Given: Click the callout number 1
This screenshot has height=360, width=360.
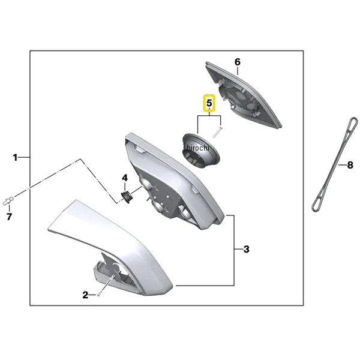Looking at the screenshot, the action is click(15, 158).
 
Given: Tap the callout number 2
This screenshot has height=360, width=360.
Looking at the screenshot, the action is click(85, 295).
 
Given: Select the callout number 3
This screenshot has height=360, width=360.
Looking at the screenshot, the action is click(247, 249).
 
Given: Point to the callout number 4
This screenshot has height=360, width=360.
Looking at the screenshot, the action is click(125, 178).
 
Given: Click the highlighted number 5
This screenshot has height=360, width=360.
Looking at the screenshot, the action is click(209, 103).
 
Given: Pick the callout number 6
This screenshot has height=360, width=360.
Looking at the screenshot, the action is click(238, 62).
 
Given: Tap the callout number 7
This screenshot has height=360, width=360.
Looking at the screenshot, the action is click(9, 217).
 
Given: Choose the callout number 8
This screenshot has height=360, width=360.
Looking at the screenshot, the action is click(350, 165).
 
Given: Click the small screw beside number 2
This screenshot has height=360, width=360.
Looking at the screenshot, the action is click(99, 293).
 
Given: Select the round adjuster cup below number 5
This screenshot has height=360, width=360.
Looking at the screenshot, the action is click(201, 151).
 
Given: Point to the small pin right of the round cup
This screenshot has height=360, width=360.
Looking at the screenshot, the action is click(217, 132).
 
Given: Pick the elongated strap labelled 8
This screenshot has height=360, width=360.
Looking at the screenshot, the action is click(335, 164).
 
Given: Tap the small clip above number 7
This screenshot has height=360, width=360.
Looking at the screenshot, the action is click(8, 200).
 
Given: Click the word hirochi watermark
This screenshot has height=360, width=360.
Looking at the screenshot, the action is click(198, 148).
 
